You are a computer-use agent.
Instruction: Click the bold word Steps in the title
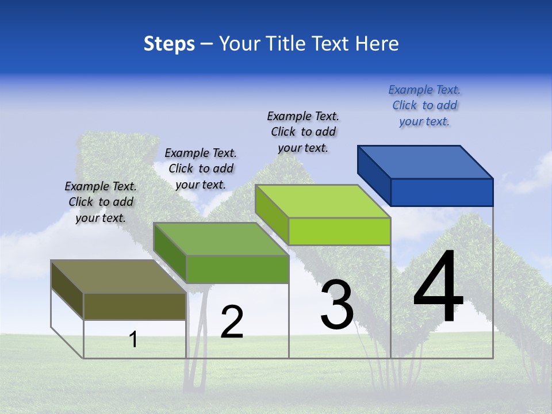point(169,44)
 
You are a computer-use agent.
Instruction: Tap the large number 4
point(438,287)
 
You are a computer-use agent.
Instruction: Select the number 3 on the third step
point(337,305)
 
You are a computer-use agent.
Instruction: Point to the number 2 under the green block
point(232,322)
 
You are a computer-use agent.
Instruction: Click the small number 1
point(133,339)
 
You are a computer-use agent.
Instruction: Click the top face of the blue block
point(425,162)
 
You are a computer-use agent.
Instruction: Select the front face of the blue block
point(442,192)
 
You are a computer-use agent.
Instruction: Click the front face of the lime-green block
point(339,231)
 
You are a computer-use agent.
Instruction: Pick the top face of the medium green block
point(221,239)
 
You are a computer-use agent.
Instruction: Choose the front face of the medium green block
point(237,269)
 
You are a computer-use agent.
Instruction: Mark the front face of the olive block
point(135,306)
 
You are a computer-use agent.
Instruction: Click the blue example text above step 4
point(424,105)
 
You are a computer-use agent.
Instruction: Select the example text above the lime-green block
point(303,132)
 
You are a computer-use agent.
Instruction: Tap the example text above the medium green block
point(201,168)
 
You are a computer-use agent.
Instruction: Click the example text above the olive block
point(101,202)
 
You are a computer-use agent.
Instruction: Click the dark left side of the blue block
point(374,175)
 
